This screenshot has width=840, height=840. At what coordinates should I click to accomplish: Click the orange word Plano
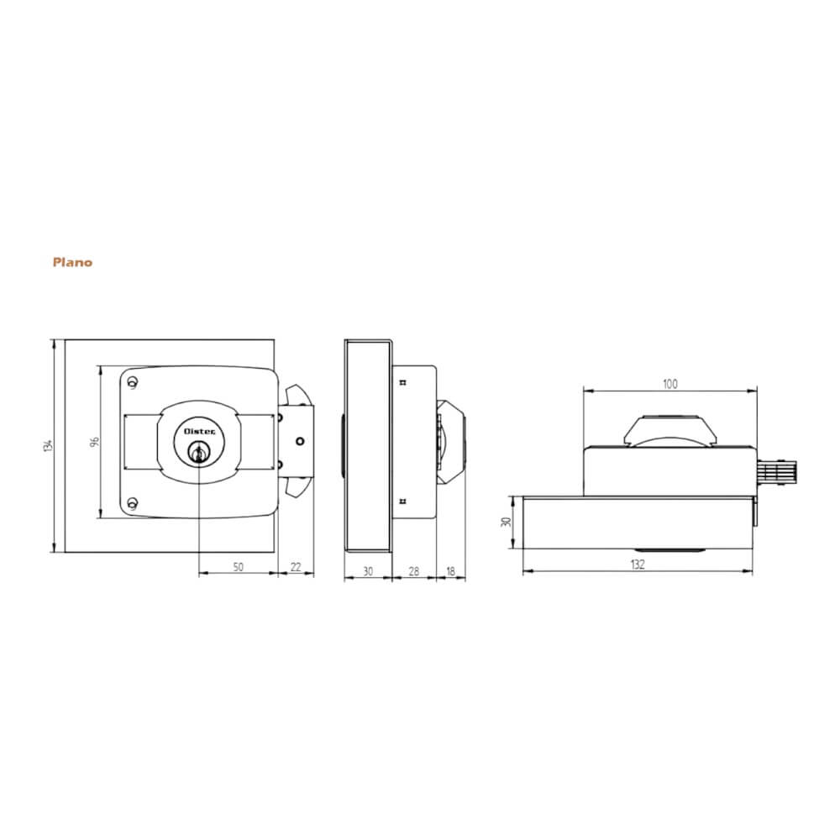pyautogui.click(x=72, y=262)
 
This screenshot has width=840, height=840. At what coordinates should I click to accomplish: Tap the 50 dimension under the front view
pyautogui.click(x=238, y=568)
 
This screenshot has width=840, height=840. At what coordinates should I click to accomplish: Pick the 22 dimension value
pyautogui.click(x=296, y=568)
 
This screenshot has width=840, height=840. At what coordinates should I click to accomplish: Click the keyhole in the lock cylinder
pyautogui.click(x=198, y=454)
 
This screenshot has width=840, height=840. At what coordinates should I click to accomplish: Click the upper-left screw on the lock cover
pyautogui.click(x=132, y=384)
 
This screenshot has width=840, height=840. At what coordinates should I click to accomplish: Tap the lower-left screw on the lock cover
pyautogui.click(x=131, y=503)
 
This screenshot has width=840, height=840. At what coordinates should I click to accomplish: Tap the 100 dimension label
pyautogui.click(x=669, y=384)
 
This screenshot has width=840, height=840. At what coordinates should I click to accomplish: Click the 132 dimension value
pyautogui.click(x=637, y=564)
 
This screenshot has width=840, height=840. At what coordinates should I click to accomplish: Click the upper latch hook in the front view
pyautogui.click(x=296, y=395)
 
